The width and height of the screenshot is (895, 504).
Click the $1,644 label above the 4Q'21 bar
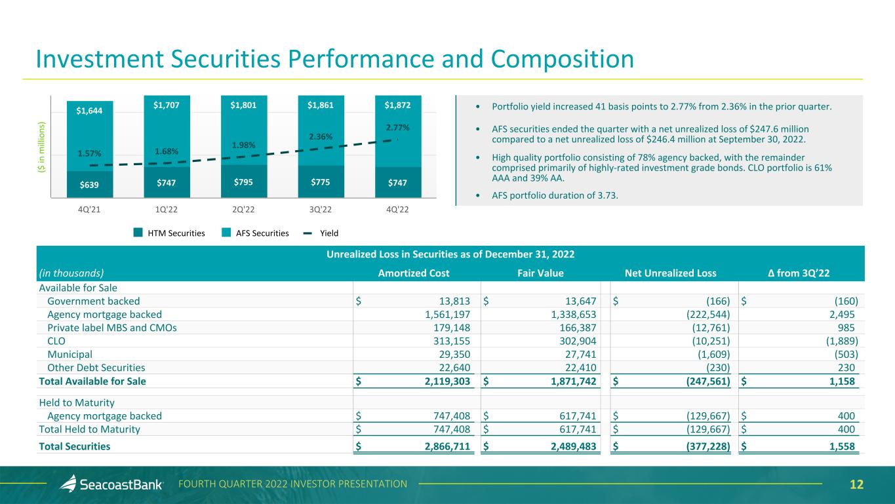89,111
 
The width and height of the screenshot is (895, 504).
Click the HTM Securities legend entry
169,233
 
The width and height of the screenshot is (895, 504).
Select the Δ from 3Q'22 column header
798,274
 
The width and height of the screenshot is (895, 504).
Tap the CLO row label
56,341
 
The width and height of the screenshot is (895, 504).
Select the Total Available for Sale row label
92,381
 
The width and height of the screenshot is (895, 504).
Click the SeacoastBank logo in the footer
113,484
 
